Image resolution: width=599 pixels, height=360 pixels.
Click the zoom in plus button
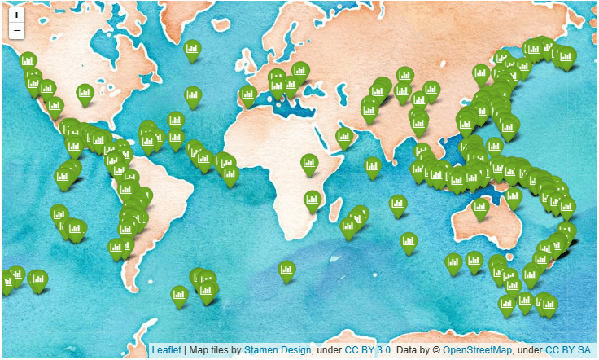tap(16, 15)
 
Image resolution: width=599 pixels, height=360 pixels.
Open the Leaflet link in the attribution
tap(167, 349)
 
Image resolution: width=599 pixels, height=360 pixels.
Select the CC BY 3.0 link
tap(368, 349)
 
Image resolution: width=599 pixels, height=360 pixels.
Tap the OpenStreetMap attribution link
tap(477, 349)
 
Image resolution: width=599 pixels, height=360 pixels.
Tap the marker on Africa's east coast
tap(313, 200)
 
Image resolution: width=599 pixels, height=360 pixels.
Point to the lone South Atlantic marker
tap(286, 270)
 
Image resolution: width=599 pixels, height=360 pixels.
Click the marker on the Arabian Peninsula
tap(344, 138)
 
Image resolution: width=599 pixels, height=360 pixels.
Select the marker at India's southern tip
tap(373, 167)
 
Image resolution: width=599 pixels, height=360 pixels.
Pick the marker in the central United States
tap(85, 94)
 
